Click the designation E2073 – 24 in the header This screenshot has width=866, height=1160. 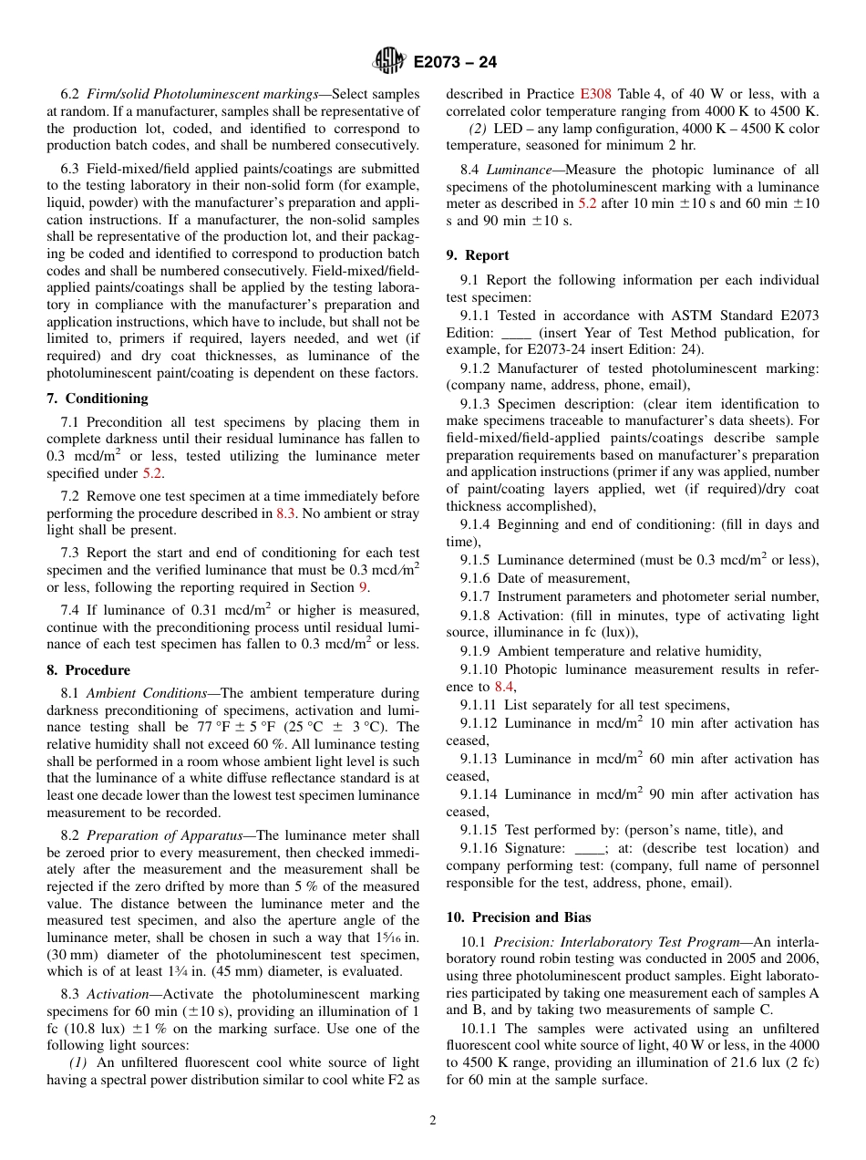[x=455, y=63]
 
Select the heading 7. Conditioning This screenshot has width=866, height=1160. [x=98, y=399]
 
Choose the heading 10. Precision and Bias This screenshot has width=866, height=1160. [x=519, y=917]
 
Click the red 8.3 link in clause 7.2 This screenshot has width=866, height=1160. [x=286, y=513]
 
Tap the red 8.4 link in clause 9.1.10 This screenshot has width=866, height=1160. [x=504, y=687]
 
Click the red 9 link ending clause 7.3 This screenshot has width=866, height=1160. [x=363, y=588]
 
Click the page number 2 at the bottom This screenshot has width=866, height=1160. [x=433, y=1121]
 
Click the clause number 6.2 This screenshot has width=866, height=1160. [x=70, y=94]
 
